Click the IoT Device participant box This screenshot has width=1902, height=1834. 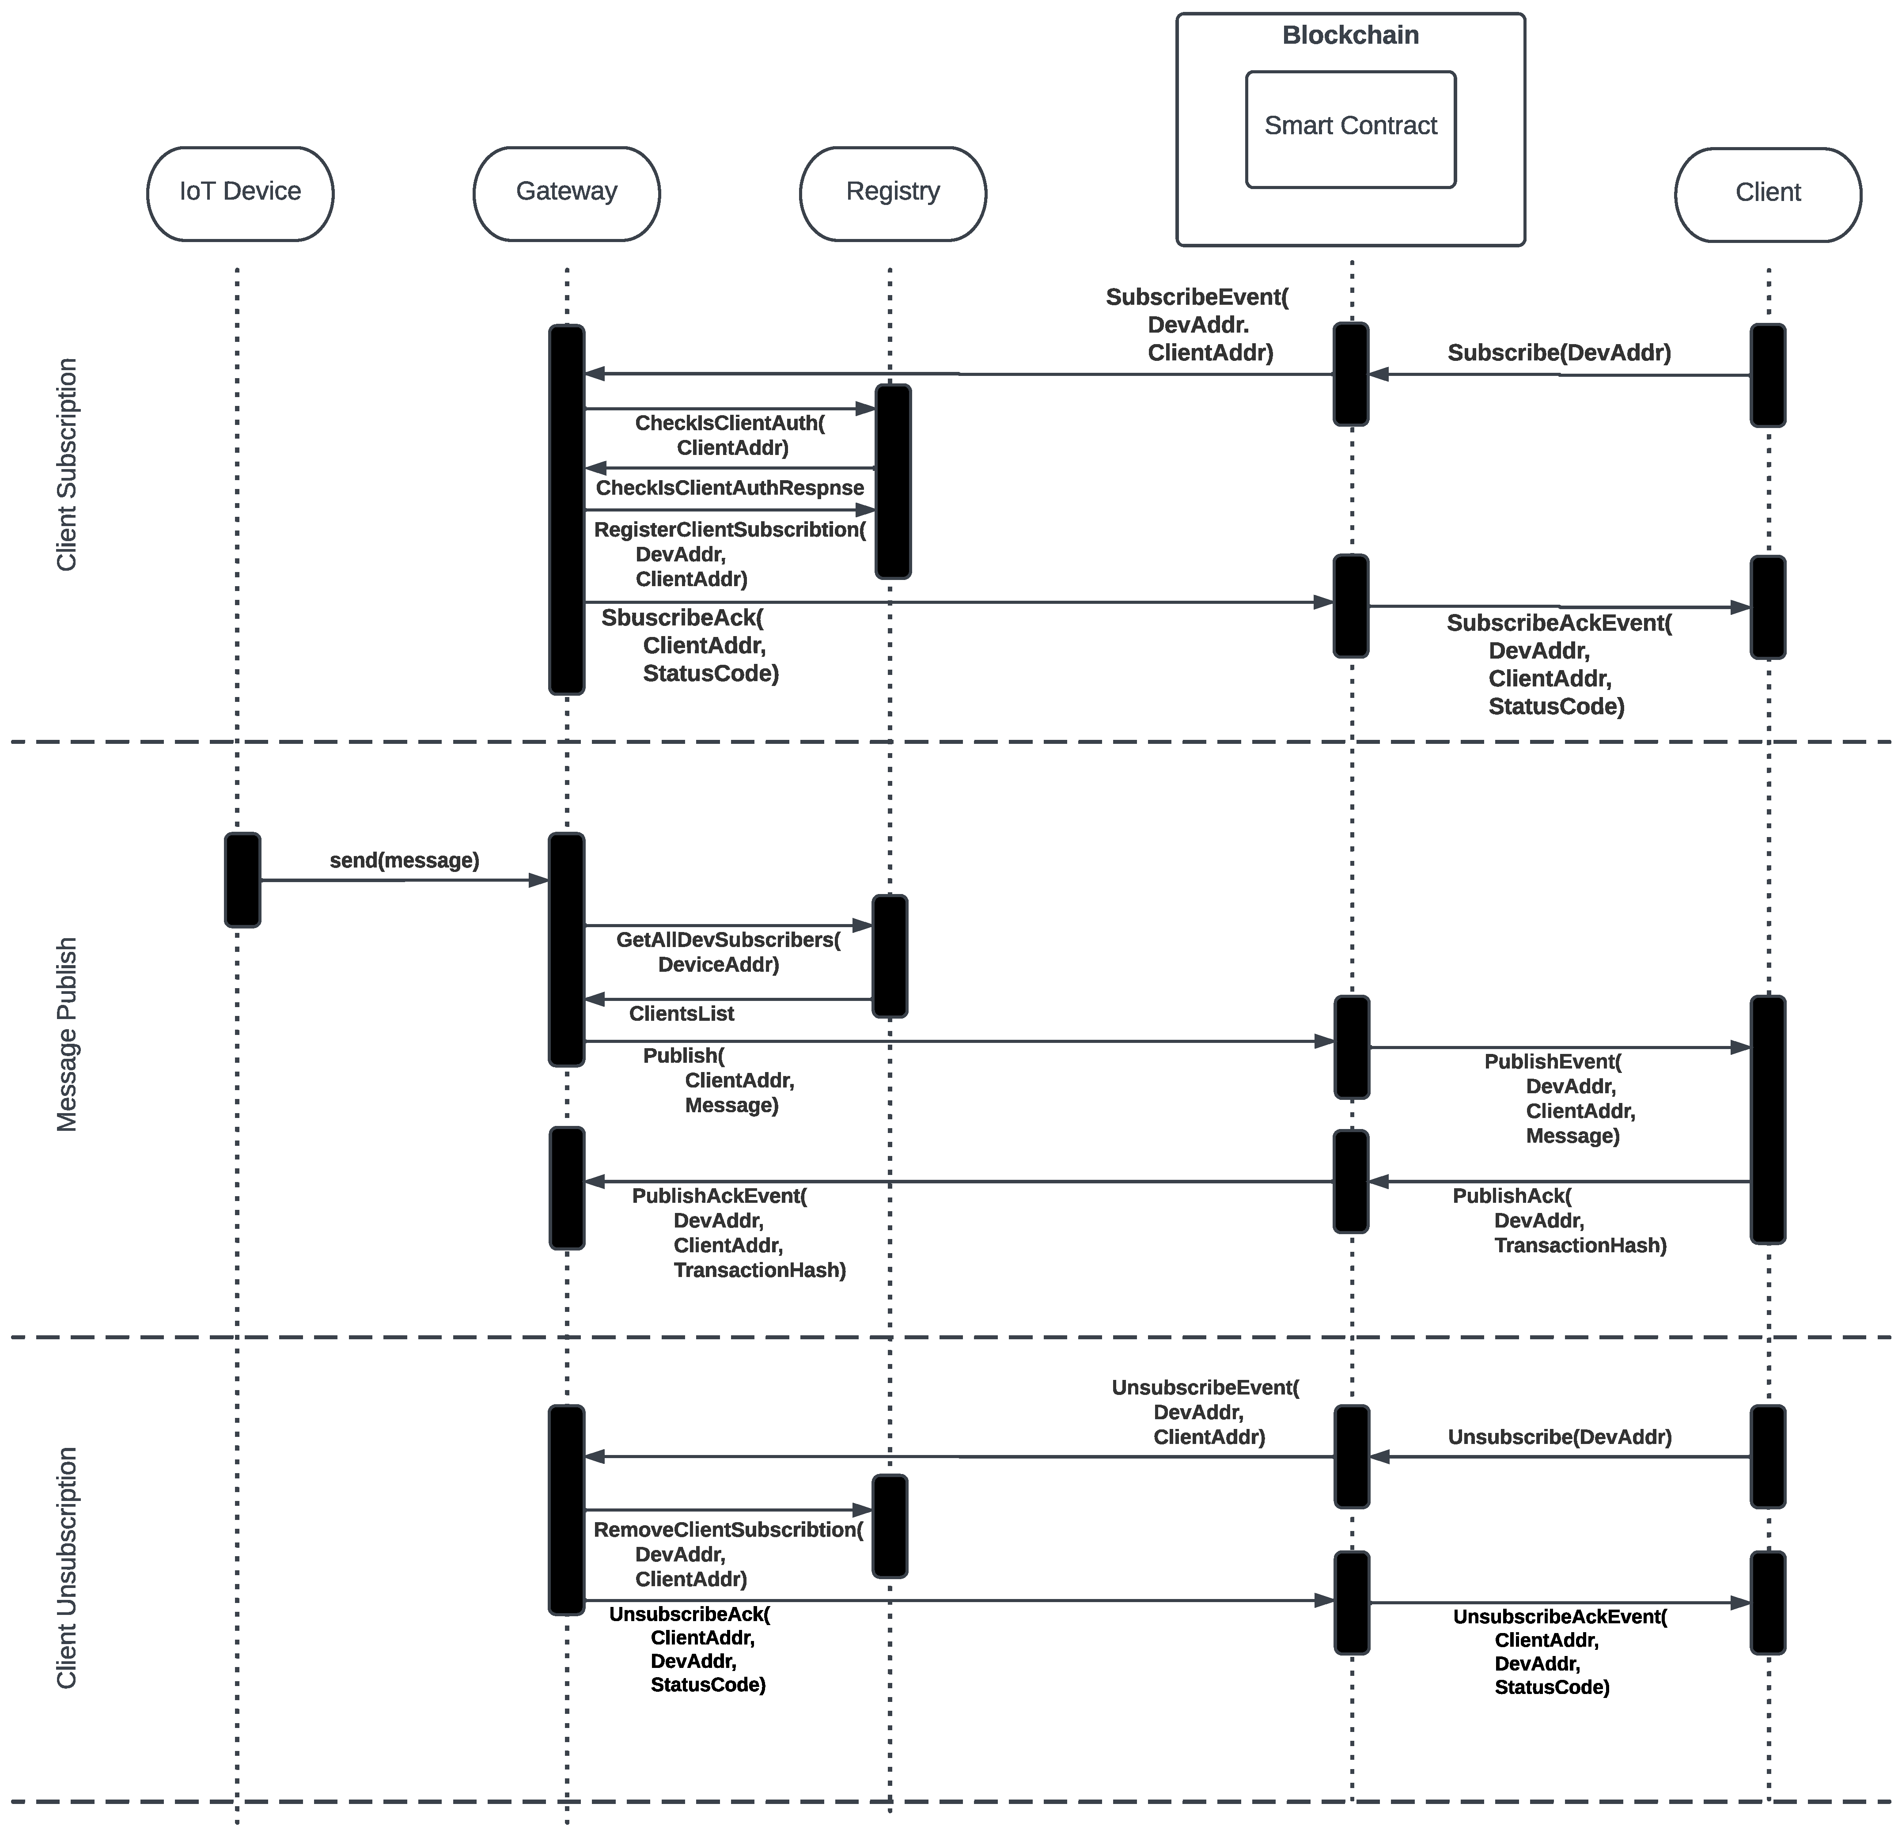coord(240,192)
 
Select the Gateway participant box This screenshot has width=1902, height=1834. coord(567,192)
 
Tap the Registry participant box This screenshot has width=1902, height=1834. coord(893,192)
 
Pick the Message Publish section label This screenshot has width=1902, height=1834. coord(66,1034)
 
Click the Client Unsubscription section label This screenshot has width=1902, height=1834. coord(66,1568)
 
